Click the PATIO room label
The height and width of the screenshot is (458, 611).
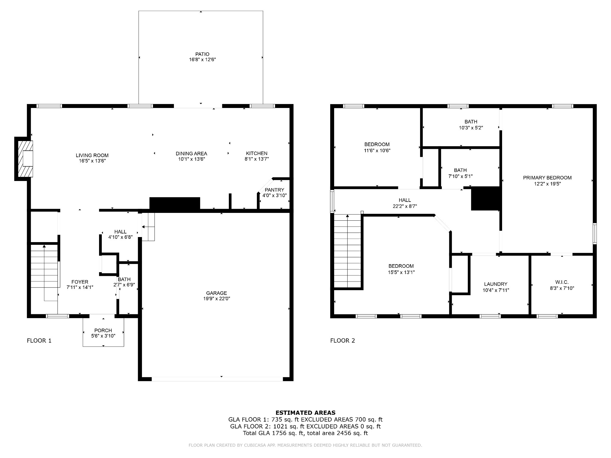tap(202, 54)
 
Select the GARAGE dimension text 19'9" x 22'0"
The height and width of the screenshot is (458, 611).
tap(216, 298)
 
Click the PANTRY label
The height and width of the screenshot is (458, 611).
tap(274, 190)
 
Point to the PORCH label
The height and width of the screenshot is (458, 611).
tap(103, 330)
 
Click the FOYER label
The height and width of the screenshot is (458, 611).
tap(80, 282)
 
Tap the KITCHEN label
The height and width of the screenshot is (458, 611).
tap(257, 153)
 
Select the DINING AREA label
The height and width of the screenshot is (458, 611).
tap(191, 154)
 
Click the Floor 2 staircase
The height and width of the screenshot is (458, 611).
tap(348, 251)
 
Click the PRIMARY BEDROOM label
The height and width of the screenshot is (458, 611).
tap(547, 178)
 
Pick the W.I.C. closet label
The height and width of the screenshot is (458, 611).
tap(562, 282)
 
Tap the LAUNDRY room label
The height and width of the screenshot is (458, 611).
tap(496, 284)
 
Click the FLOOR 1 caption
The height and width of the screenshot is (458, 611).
tap(39, 341)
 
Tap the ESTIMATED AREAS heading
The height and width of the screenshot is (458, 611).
tap(305, 413)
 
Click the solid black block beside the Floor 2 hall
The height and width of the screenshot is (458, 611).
tap(485, 198)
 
